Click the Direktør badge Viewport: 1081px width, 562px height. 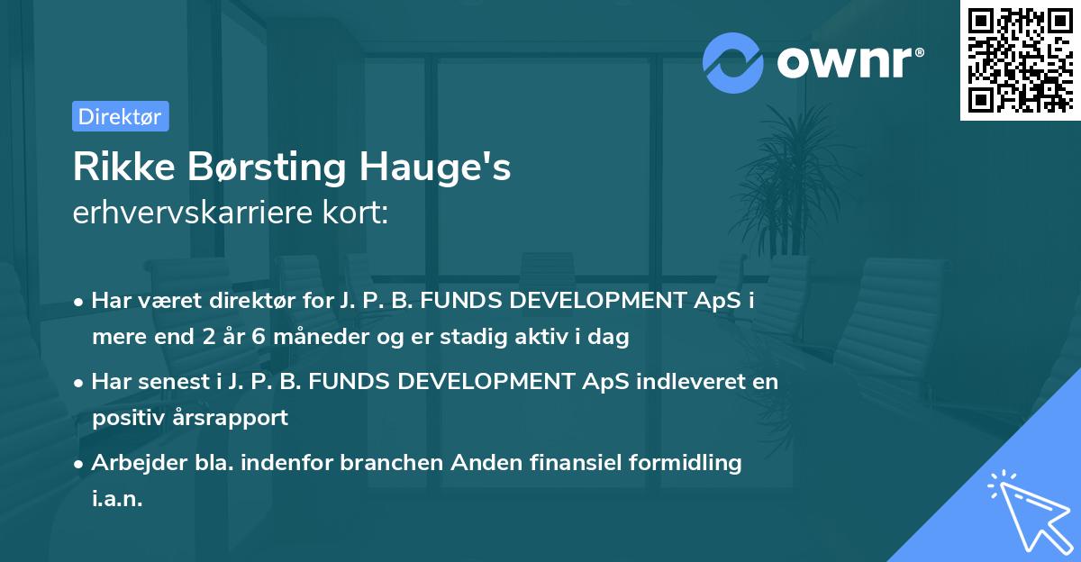[120, 116]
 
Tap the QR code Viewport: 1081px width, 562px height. [1020, 60]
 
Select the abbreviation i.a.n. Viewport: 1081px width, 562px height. [117, 498]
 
